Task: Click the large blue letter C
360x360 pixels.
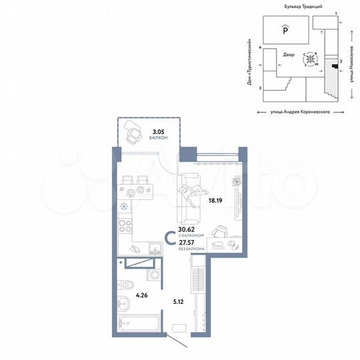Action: click(x=171, y=237)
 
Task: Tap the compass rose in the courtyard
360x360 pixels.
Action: click(x=310, y=60)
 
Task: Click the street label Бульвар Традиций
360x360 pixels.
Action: click(x=294, y=5)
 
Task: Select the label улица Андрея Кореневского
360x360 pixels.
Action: click(x=294, y=114)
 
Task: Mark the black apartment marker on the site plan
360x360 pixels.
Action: click(x=333, y=65)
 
